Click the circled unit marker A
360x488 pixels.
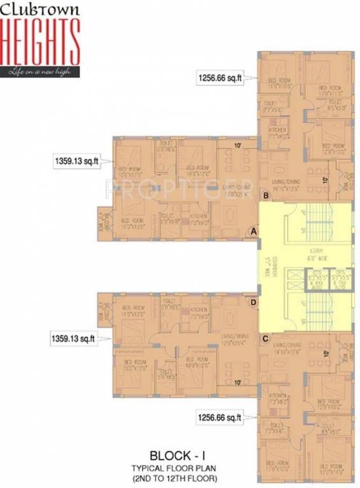[x=254, y=232]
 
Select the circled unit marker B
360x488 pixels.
[x=265, y=196]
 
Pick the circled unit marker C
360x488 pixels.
[x=265, y=339]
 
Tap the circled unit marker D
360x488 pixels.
[x=254, y=302]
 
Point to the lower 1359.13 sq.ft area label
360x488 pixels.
[x=73, y=339]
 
